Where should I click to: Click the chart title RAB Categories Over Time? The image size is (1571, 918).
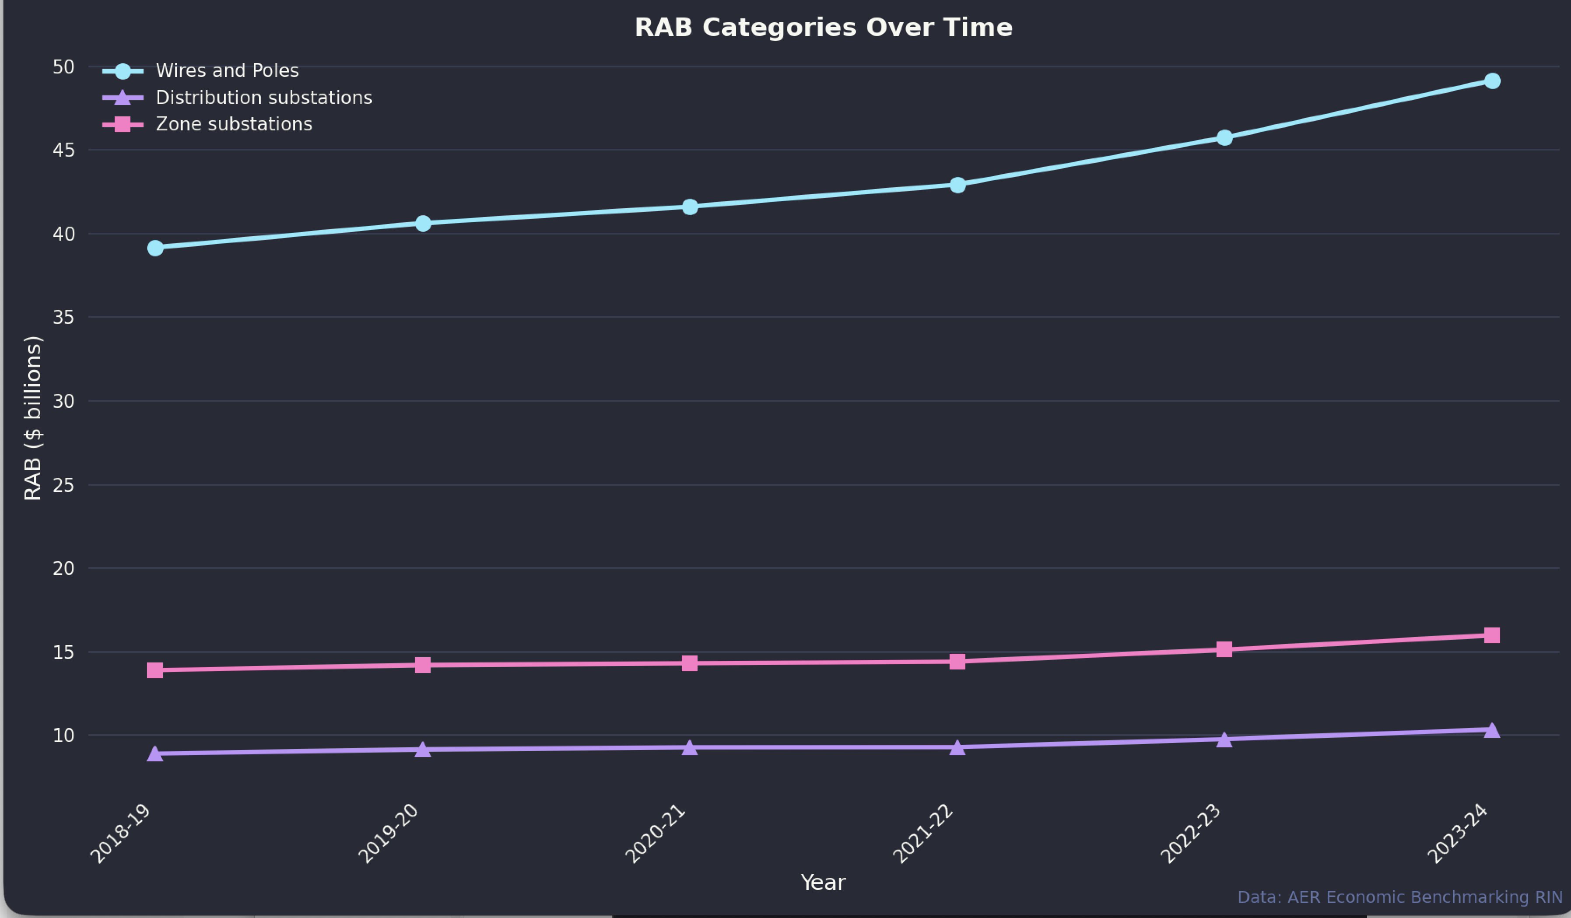tap(823, 28)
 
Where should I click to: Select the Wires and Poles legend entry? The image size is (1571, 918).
tap(227, 71)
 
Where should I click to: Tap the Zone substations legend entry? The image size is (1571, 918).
tap(233, 125)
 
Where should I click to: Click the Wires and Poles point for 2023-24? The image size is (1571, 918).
tap(1492, 81)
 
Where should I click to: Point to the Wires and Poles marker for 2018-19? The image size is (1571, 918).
tap(155, 248)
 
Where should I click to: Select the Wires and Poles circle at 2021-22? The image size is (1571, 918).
tap(957, 185)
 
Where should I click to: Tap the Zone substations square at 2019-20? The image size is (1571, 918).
tap(423, 665)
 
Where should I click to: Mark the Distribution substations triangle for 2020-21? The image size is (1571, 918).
tap(690, 747)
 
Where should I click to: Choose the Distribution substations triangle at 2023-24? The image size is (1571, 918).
tap(1492, 730)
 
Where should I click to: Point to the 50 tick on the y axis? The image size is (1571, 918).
tap(63, 67)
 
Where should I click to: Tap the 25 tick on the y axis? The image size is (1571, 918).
tap(63, 485)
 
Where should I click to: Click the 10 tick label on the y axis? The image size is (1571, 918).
tap(63, 736)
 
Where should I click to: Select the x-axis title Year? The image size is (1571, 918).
tap(823, 883)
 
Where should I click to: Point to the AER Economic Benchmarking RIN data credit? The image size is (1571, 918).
tap(1399, 897)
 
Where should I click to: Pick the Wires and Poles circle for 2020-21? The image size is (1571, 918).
tap(690, 207)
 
